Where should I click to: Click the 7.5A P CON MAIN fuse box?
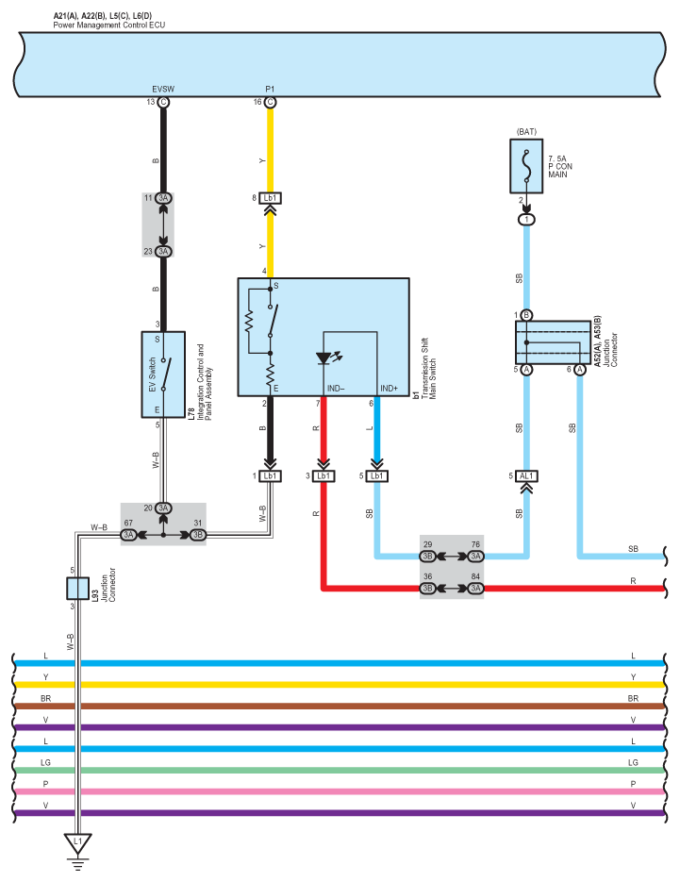(x=526, y=167)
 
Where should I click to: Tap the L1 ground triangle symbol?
(x=77, y=843)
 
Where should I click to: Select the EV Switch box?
(x=163, y=374)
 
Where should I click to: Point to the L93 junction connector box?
(x=77, y=589)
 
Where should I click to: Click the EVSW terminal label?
(x=163, y=89)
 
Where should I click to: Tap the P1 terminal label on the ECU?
(x=270, y=89)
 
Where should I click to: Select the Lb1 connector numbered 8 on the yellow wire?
(x=270, y=198)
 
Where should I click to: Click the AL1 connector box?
(x=526, y=475)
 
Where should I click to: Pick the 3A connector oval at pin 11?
(x=163, y=198)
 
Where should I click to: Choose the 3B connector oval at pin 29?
(x=427, y=557)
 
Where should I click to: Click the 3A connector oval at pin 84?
(x=476, y=589)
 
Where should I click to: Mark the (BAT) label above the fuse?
(x=526, y=132)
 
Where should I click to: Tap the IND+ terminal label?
(x=389, y=389)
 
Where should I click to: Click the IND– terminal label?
(x=336, y=389)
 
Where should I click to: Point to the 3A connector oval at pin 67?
(x=129, y=535)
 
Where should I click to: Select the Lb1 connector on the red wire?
(x=323, y=475)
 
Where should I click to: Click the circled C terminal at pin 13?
(x=163, y=102)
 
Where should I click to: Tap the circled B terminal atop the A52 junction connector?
(x=526, y=315)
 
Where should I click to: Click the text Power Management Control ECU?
(x=109, y=25)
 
